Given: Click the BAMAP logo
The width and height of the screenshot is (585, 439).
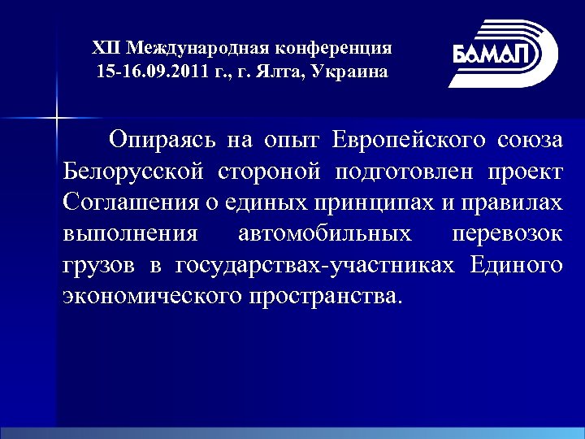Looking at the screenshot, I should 503,54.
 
